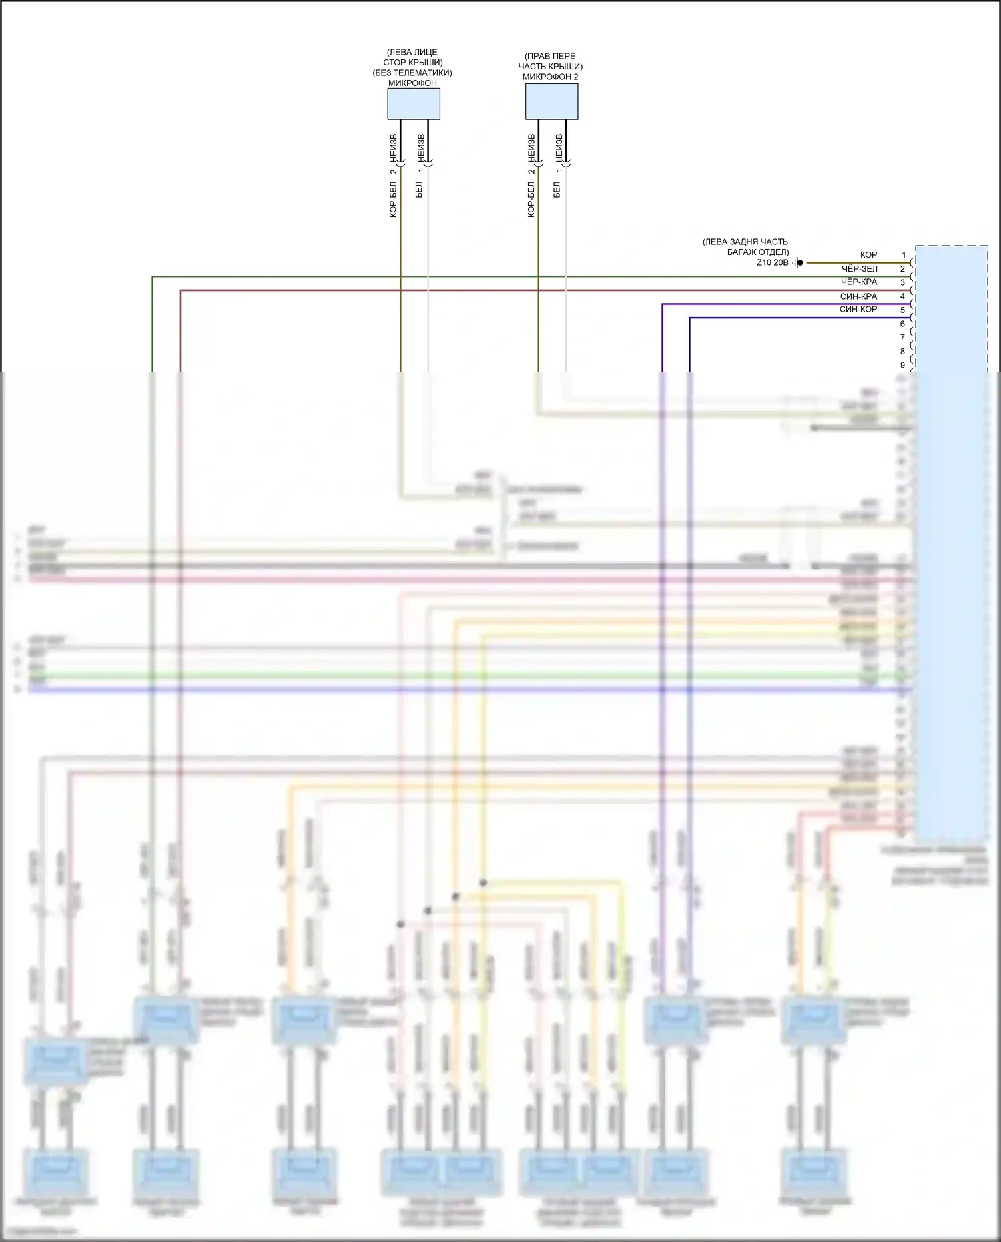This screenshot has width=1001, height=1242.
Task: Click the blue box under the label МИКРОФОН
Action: click(414, 104)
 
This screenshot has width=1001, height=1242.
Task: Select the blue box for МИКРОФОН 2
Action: click(551, 102)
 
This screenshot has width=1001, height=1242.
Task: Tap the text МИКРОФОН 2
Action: click(550, 77)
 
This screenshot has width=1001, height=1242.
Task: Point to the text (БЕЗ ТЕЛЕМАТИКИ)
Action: click(412, 73)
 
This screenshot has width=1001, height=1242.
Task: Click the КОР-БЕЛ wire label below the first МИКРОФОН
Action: click(393, 200)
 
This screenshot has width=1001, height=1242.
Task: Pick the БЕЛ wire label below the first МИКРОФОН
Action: click(419, 190)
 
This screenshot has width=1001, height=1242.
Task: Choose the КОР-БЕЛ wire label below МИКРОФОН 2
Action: click(531, 200)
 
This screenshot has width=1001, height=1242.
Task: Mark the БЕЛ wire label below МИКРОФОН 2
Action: click(557, 190)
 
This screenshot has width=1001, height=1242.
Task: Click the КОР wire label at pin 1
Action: click(868, 255)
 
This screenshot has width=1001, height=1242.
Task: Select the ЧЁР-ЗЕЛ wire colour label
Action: click(860, 268)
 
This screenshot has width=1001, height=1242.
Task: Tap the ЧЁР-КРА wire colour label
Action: click(859, 282)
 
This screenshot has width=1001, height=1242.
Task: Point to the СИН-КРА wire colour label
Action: click(858, 296)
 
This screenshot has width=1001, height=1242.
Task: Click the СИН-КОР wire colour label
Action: click(858, 309)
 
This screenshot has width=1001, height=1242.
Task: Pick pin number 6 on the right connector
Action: click(902, 324)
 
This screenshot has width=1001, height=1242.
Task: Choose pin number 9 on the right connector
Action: click(902, 365)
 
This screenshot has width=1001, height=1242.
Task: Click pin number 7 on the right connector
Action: click(902, 338)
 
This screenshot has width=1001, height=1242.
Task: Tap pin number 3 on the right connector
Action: click(902, 282)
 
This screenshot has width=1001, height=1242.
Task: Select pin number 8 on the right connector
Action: click(902, 352)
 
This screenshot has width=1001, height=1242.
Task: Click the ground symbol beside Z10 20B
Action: click(798, 262)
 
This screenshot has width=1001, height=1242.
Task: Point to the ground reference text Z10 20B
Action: click(772, 262)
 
